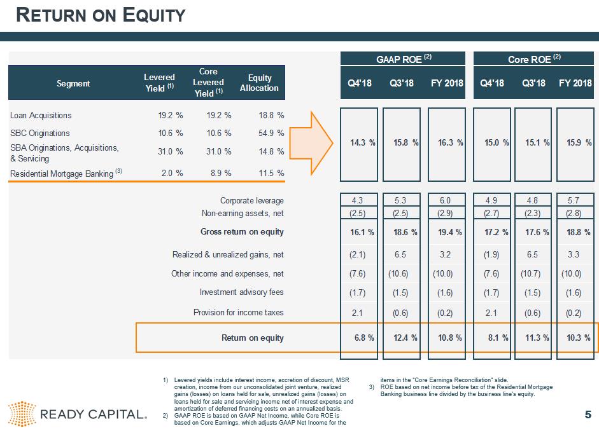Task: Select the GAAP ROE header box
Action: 404,59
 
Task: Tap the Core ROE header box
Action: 534,59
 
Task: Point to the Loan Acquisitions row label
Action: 41,115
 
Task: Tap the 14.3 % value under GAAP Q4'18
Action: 362,142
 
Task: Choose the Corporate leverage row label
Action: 251,201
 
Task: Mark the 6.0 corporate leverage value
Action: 446,201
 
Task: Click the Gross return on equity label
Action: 242,231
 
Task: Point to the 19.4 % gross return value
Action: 446,232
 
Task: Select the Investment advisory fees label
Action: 241,292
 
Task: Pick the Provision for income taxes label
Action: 238,312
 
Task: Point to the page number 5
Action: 588,415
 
